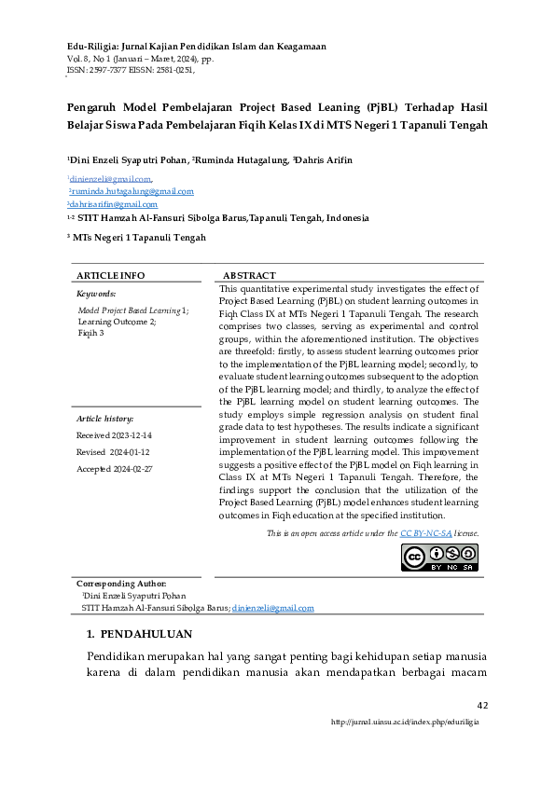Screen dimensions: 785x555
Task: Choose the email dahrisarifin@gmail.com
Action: pyautogui.click(x=113, y=204)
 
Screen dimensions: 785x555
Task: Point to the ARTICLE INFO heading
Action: pyautogui.click(x=110, y=276)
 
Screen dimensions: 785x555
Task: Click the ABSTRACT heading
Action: pyautogui.click(x=249, y=276)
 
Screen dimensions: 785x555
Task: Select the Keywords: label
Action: pyautogui.click(x=96, y=293)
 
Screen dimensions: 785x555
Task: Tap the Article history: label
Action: pyautogui.click(x=104, y=420)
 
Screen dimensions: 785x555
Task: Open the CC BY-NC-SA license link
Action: pyautogui.click(x=424, y=533)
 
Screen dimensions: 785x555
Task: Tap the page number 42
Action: pyautogui.click(x=482, y=705)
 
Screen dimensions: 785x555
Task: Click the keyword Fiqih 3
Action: pyautogui.click(x=90, y=332)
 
